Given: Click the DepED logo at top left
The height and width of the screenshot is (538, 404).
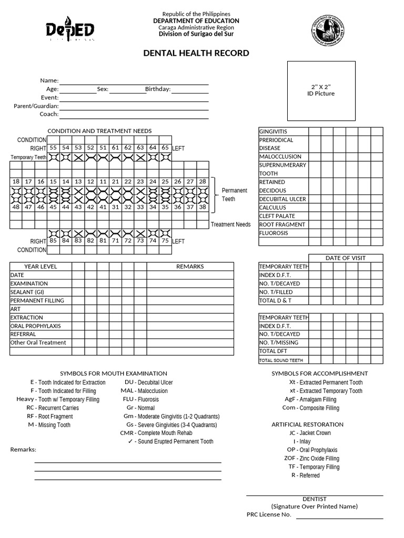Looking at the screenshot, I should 70,32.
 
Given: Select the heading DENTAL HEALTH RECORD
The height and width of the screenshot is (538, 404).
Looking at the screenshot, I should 196,53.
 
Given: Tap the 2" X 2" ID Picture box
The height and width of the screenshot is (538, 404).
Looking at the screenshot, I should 321,90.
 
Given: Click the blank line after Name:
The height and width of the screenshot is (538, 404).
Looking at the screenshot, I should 134,81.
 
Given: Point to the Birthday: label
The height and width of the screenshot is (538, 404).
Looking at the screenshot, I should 158,89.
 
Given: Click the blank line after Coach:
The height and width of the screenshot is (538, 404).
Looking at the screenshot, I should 134,114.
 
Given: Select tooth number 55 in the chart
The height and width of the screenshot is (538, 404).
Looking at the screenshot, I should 53,148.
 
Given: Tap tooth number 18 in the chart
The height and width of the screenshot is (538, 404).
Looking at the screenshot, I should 16,182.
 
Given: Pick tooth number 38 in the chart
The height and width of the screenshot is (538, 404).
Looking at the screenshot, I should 203,207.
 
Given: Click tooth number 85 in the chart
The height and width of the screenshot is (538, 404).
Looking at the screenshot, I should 53,241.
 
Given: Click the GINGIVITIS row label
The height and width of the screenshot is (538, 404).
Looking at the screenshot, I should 273,131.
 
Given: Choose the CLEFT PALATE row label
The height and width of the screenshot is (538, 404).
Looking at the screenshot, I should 277,216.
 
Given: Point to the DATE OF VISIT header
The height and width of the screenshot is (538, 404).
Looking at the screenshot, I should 345,258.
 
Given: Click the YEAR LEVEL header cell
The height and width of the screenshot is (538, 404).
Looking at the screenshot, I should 41,266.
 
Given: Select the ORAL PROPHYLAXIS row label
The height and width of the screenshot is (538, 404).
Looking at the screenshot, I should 35,326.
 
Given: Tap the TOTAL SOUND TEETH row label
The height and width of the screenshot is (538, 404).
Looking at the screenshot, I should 281,360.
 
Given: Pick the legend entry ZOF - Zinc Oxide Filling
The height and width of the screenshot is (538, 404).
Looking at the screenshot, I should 311,458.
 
